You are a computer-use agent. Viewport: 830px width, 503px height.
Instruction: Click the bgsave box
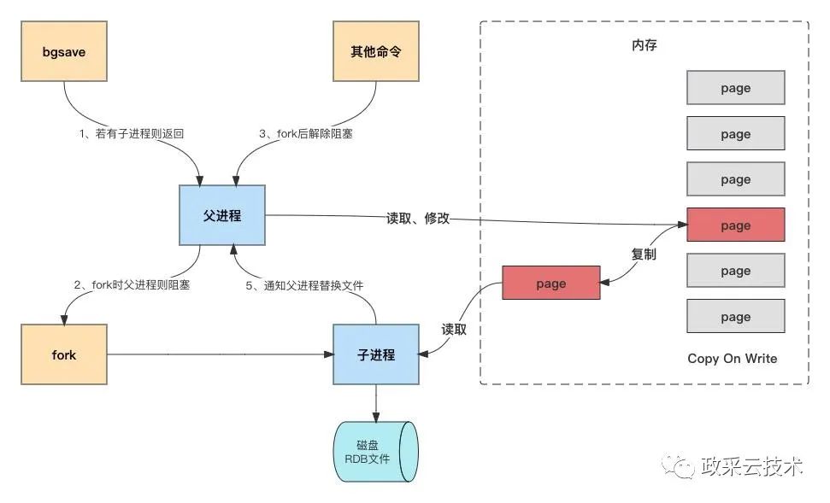(64, 52)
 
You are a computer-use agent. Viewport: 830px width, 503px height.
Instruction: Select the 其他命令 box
(376, 52)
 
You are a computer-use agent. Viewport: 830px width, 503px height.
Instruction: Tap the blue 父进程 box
(222, 216)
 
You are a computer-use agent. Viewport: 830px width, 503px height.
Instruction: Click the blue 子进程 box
(376, 354)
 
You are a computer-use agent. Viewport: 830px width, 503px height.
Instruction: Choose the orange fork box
(64, 354)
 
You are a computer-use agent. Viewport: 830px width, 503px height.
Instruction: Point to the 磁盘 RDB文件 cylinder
(374, 453)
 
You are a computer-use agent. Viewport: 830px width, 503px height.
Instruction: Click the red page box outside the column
(550, 284)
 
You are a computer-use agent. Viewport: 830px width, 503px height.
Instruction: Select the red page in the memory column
(735, 225)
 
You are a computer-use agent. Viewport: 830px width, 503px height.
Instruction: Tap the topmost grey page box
(735, 89)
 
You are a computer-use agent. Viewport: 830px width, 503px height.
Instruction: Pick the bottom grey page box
(735, 317)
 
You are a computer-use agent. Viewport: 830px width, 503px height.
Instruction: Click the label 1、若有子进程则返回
(132, 134)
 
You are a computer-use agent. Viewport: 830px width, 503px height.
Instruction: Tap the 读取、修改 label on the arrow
(417, 219)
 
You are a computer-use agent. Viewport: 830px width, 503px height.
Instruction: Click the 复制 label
(644, 254)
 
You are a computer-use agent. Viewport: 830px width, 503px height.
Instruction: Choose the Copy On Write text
(733, 359)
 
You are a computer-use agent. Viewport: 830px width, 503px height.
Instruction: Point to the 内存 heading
(644, 44)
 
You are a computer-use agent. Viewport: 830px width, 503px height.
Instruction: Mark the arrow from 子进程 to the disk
(376, 403)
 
